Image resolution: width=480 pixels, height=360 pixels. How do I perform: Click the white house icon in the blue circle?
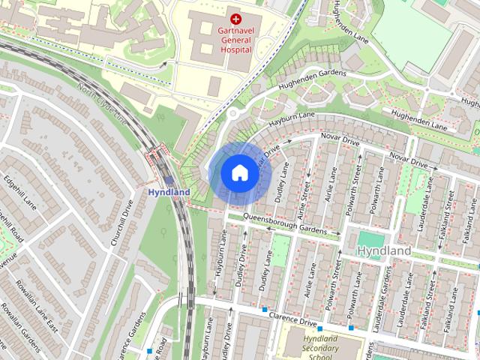pyautogui.click(x=238, y=172)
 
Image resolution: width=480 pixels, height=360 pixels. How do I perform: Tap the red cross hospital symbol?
pyautogui.click(x=235, y=18)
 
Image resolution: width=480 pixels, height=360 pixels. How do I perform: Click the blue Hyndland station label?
pyautogui.click(x=168, y=193)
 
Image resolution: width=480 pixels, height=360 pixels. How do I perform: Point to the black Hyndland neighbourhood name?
pyautogui.click(x=384, y=250)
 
